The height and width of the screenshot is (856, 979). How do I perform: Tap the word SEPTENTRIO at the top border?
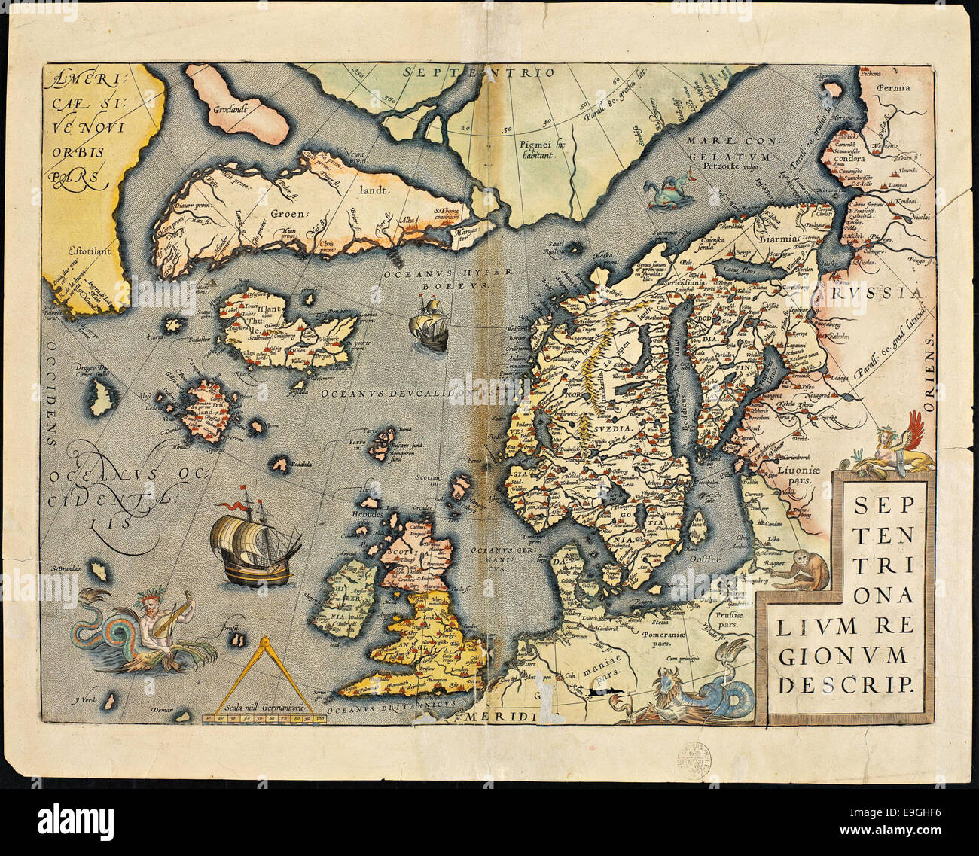click(477, 73)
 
